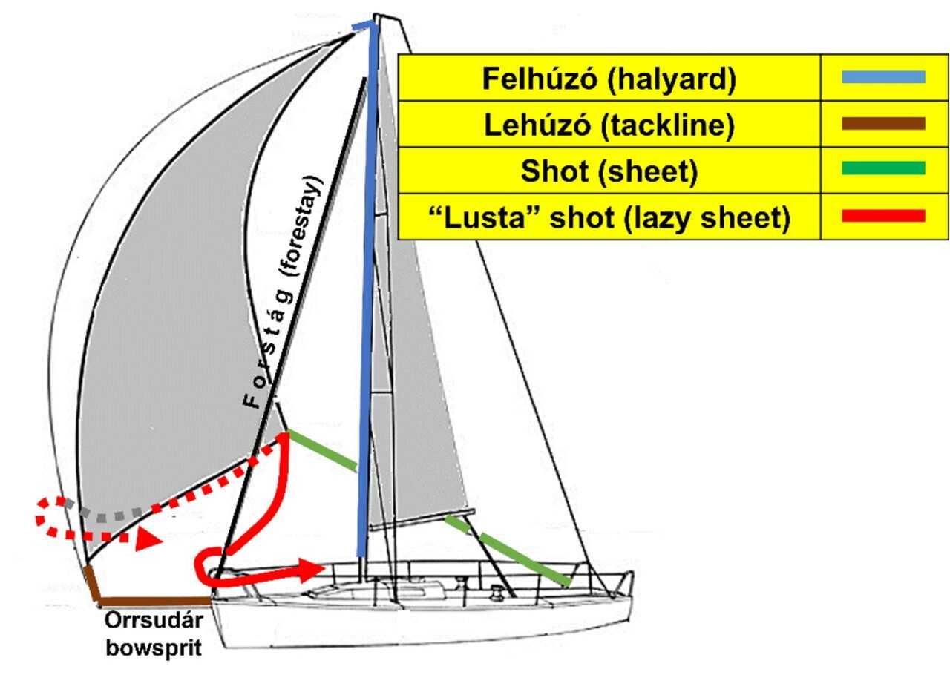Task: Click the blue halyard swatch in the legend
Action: pos(883,76)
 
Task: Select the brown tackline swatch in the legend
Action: pos(883,123)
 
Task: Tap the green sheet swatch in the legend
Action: pos(883,168)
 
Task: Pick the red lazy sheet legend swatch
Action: pos(883,216)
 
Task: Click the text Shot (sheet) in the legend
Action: pos(609,171)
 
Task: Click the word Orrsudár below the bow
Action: pos(154,621)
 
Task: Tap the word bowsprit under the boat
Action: pos(154,648)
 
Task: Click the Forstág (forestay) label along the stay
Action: pos(283,292)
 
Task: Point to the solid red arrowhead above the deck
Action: pos(311,570)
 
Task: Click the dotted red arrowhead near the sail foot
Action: pos(148,540)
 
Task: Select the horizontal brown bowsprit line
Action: pos(154,601)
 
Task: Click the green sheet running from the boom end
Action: pos(507,550)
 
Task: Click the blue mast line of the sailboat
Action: pos(367,289)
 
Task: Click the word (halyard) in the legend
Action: pos(672,79)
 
